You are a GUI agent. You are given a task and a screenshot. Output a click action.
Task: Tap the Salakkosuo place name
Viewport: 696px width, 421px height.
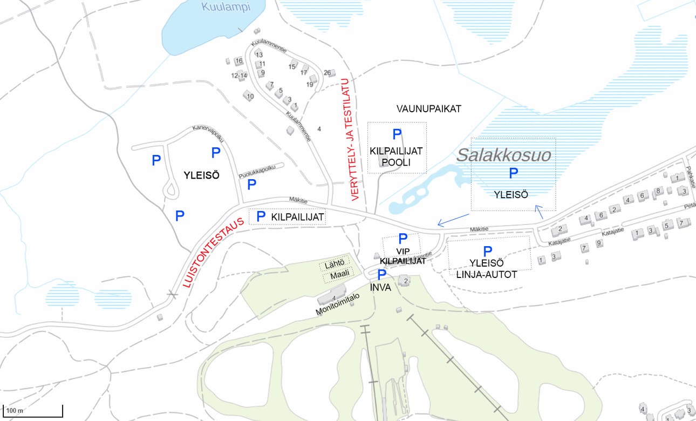(x=504, y=155)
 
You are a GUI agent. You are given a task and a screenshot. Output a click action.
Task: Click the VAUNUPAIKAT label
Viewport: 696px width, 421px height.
(x=429, y=109)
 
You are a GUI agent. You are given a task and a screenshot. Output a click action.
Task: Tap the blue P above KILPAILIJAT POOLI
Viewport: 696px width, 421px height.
(x=397, y=134)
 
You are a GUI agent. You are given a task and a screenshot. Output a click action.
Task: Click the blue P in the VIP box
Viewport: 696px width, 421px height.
(x=402, y=239)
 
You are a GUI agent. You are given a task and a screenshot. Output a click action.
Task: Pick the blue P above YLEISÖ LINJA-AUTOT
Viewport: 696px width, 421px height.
(x=488, y=250)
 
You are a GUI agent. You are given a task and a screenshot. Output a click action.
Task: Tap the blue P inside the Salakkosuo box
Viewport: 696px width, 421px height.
(x=514, y=173)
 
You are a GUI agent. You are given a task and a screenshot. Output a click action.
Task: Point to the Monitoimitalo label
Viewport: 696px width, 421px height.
(x=338, y=305)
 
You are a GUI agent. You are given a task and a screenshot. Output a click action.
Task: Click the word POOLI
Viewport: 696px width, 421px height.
(x=397, y=162)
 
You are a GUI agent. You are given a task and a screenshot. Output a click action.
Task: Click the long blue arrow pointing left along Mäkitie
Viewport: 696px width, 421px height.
(x=453, y=220)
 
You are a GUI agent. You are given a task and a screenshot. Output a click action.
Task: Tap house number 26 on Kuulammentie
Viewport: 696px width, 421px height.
(x=327, y=73)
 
